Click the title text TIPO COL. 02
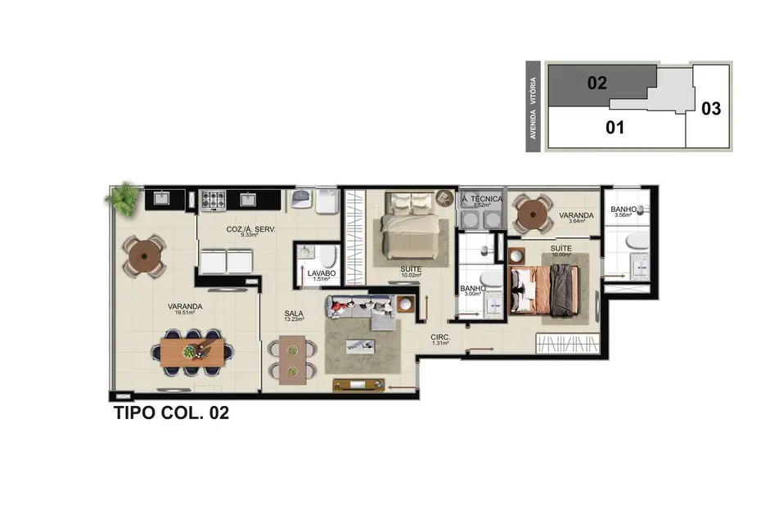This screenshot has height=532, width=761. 169,413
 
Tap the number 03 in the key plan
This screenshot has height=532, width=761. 711,108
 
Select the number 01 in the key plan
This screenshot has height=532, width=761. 615,128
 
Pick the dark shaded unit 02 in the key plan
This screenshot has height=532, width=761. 597,83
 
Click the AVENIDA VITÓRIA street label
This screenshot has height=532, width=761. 534,107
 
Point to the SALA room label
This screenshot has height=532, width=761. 294,313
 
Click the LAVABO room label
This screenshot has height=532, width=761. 321,273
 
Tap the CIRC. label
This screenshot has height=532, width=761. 442,337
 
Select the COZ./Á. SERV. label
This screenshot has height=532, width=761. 250,228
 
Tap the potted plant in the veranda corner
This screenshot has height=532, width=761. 124,198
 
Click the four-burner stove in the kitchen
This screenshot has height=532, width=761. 214,199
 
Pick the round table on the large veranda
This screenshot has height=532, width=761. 145,255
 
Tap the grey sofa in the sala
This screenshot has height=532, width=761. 361,309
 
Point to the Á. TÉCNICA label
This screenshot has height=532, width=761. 482,199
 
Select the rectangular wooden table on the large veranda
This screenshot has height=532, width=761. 192,353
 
